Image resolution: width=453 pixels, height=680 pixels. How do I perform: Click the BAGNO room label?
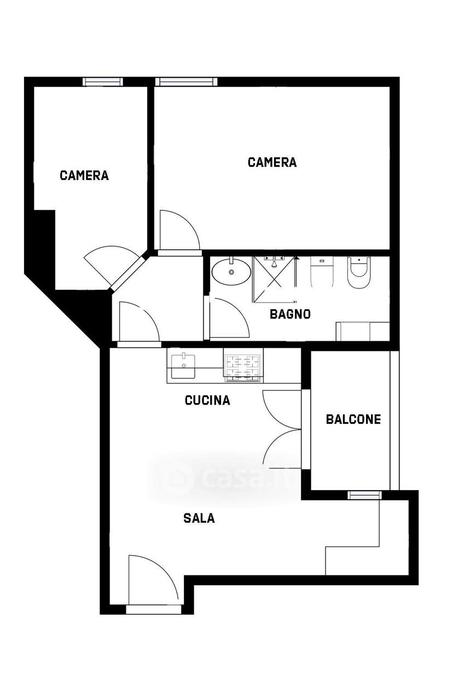coord(290,314)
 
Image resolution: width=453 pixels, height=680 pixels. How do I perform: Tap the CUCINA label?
coord(207,400)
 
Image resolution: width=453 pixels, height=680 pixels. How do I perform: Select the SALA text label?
coord(199,518)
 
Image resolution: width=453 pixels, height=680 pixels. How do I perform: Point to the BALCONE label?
coord(353,419)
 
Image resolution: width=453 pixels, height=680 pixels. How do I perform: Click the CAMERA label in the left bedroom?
coord(84,175)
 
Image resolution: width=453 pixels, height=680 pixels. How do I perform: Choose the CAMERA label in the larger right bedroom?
coord(272,162)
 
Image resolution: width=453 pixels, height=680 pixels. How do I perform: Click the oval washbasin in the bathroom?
coord(231,271)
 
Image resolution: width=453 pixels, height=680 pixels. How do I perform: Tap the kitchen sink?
coord(183,366)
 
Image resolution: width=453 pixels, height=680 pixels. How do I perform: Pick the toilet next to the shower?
coord(322,272)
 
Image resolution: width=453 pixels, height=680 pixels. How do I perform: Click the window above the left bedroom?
coord(103,82)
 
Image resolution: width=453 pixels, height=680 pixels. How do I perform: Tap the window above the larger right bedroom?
coord(187,82)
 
